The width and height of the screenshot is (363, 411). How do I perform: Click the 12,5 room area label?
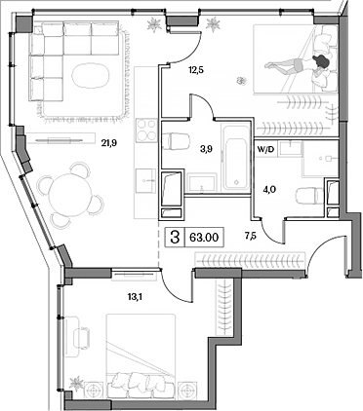point(196,70)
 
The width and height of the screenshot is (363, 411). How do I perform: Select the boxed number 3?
point(175,235)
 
